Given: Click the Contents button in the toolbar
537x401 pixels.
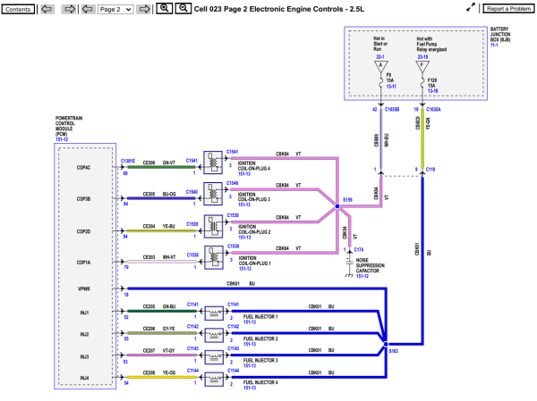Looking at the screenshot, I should click(x=20, y=8).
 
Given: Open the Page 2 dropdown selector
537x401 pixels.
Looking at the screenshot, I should click(x=115, y=8).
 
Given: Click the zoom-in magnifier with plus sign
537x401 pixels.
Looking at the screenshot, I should click(x=163, y=8).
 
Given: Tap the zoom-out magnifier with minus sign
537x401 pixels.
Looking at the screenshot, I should click(x=182, y=8).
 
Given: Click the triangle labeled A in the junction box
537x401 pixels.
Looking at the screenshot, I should click(x=382, y=65).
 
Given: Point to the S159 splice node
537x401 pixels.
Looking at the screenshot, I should click(x=337, y=207).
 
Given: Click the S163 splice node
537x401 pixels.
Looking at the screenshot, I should click(x=384, y=343).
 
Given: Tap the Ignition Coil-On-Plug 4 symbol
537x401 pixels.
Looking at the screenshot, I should click(x=215, y=161).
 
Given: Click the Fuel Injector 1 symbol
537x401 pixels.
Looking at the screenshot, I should click(x=215, y=313).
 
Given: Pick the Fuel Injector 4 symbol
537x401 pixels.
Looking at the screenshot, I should click(x=215, y=378).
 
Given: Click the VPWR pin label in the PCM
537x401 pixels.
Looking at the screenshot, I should click(x=84, y=289).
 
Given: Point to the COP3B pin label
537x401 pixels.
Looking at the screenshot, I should click(x=84, y=198).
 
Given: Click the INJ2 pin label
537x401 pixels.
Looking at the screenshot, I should click(x=84, y=334).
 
